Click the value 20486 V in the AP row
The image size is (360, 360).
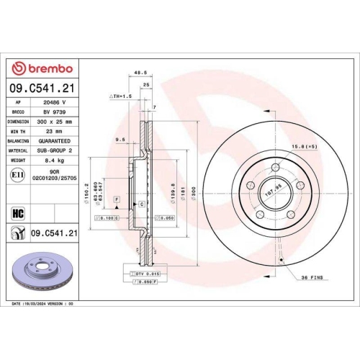[x=53, y=103]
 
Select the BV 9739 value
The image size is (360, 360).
[x=53, y=113]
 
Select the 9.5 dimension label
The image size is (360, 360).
[x=120, y=139]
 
